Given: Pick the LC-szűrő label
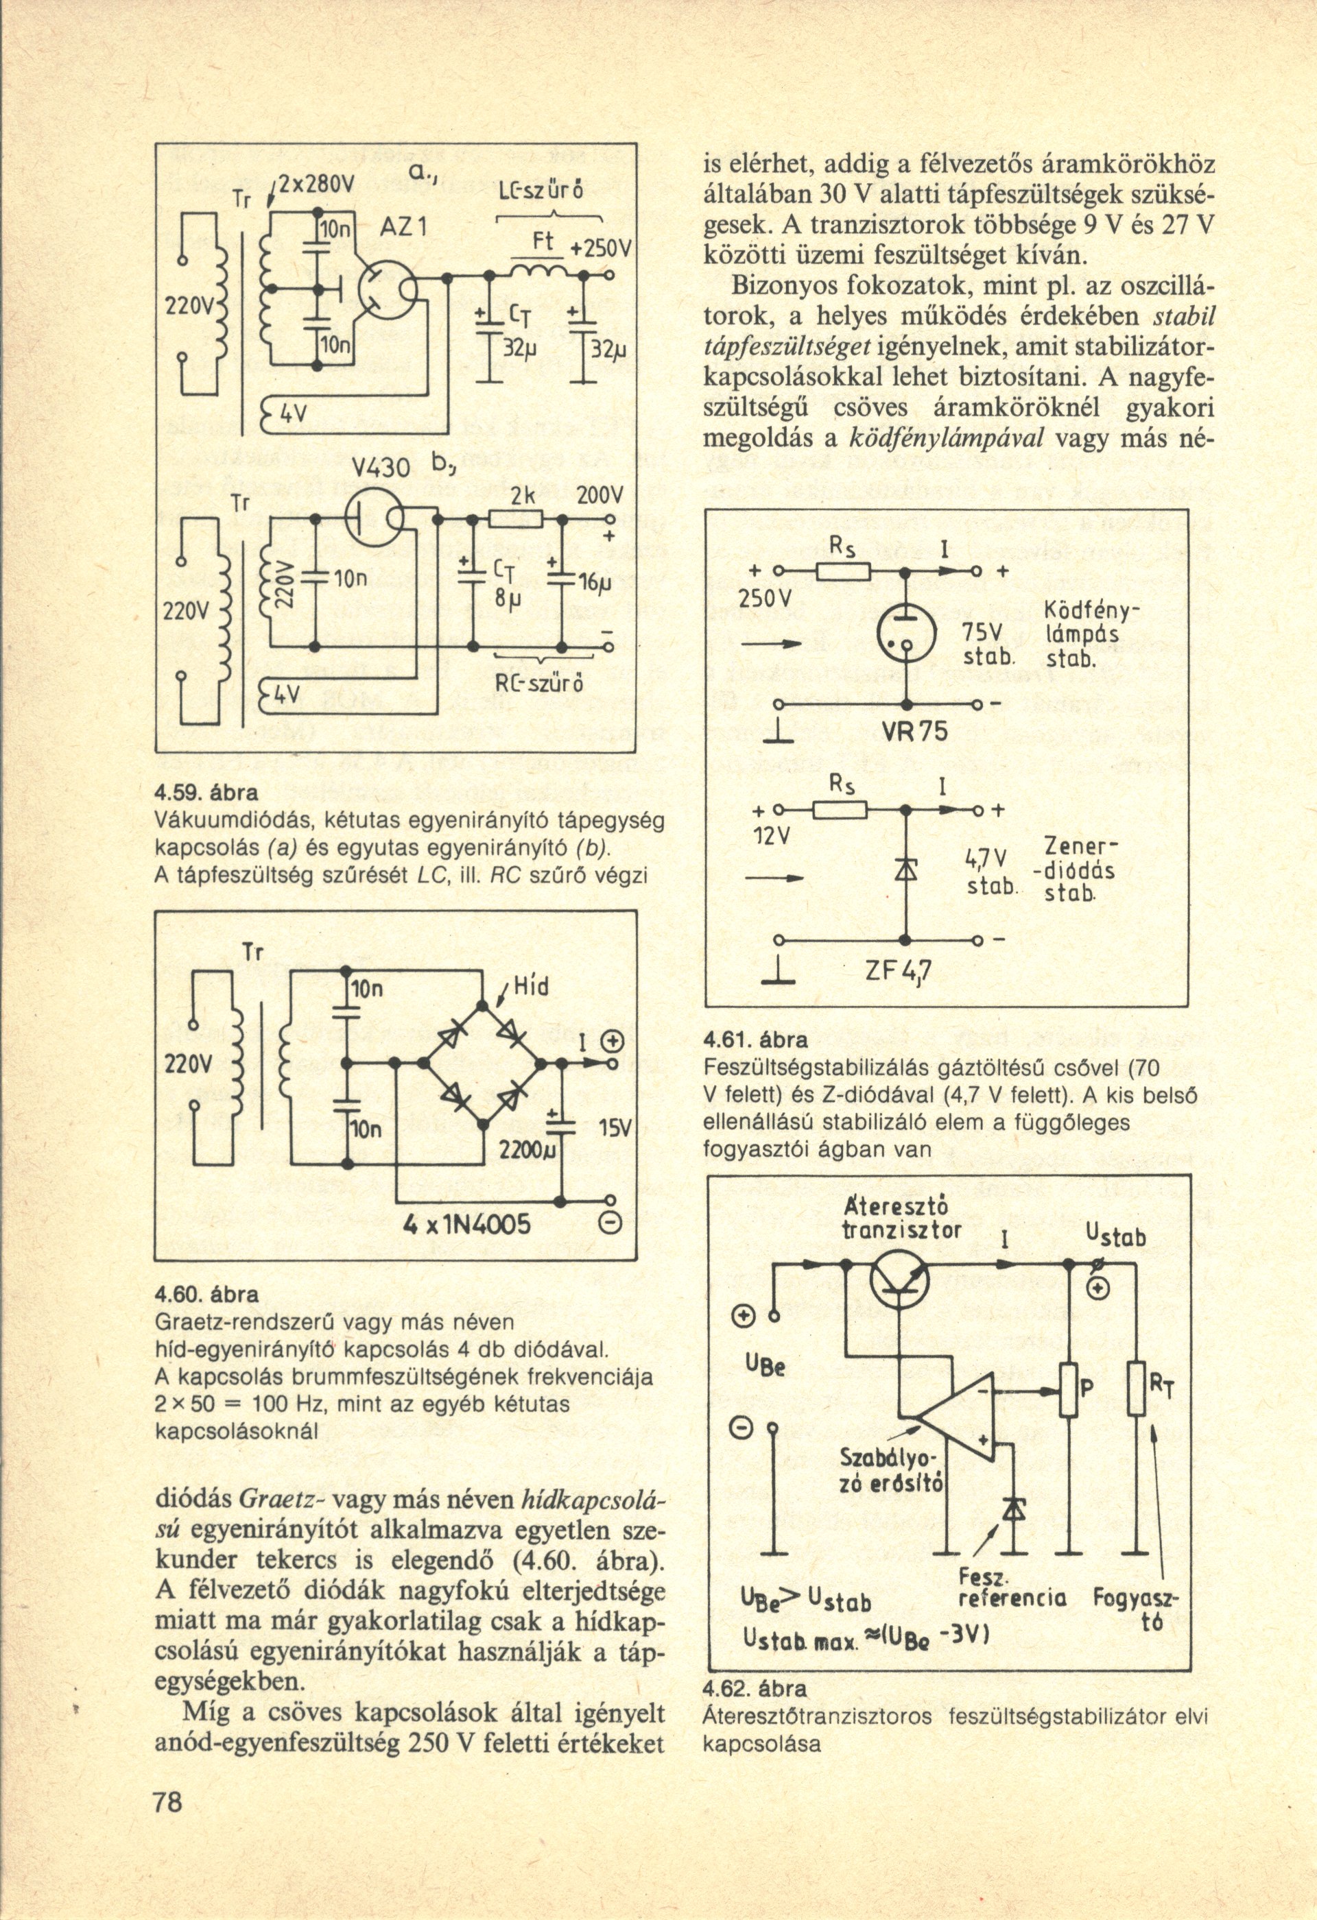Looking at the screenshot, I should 543,189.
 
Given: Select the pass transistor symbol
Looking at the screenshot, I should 901,1279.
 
